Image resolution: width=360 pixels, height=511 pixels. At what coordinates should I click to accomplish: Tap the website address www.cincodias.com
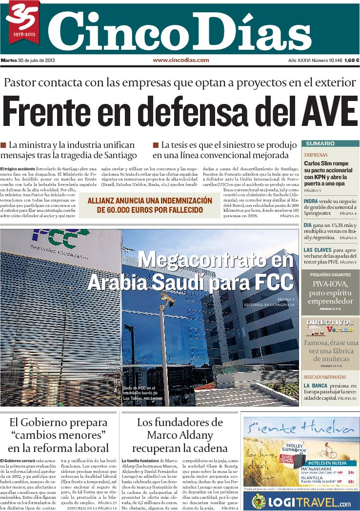coord(181,60)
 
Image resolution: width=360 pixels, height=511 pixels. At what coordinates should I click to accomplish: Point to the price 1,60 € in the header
coord(351,61)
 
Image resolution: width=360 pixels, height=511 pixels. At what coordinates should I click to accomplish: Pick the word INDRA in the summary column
coord(311,201)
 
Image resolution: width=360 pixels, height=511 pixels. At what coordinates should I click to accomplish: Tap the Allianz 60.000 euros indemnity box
coord(150,205)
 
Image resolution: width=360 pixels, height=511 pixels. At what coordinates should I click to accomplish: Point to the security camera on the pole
coord(167,299)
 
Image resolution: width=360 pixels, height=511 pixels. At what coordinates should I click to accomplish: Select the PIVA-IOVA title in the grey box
coord(330,285)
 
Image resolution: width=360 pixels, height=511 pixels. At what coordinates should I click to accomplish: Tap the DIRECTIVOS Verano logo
coord(330,327)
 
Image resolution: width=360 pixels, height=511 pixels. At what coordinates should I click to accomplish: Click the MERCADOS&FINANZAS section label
coord(324,377)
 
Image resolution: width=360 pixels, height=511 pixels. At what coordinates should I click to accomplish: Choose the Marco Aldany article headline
coord(180,435)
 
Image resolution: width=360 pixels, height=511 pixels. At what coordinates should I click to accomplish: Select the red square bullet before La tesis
coord(156,145)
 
